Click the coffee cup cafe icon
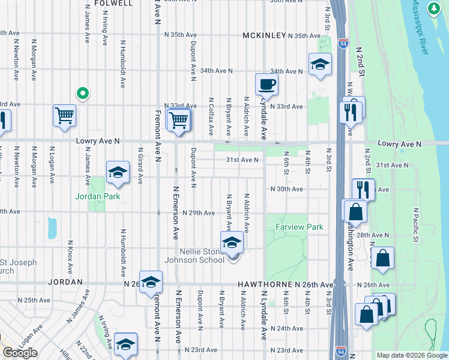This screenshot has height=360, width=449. [267, 84]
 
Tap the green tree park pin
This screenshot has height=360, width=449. [433, 8]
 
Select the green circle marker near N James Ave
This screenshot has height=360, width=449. [82, 94]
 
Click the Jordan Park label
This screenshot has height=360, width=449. [97, 196]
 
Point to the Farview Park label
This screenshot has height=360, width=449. [300, 227]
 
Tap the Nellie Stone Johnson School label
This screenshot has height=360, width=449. [202, 256]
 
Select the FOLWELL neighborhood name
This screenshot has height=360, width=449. [113, 4]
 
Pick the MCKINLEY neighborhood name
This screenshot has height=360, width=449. [264, 36]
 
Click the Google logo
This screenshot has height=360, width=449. [20, 352]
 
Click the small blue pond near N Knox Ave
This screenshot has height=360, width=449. [52, 228]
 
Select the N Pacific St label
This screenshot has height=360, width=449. [414, 225]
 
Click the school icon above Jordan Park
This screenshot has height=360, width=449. [118, 173]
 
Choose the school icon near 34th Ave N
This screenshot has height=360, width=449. [320, 64]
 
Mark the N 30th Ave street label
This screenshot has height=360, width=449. [286, 189]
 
